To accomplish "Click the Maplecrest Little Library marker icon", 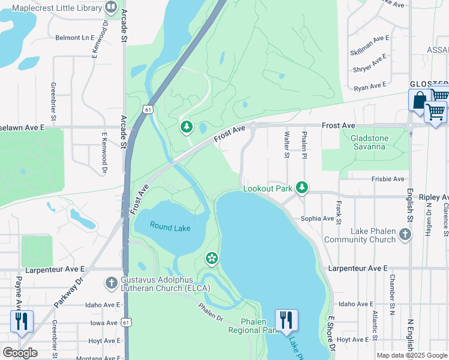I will tap(111, 7).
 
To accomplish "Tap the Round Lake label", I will tap(170, 227).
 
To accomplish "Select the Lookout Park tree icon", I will tap(303, 188).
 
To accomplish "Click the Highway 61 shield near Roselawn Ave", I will tap(148, 109).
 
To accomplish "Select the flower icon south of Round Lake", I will tap(211, 258).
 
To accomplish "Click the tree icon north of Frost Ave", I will tap(187, 127).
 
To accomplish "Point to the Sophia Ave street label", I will tap(317, 219).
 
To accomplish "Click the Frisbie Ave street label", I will tap(388, 179).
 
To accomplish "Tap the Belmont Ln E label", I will tap(74, 37).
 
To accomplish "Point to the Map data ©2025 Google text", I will tap(411, 355).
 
